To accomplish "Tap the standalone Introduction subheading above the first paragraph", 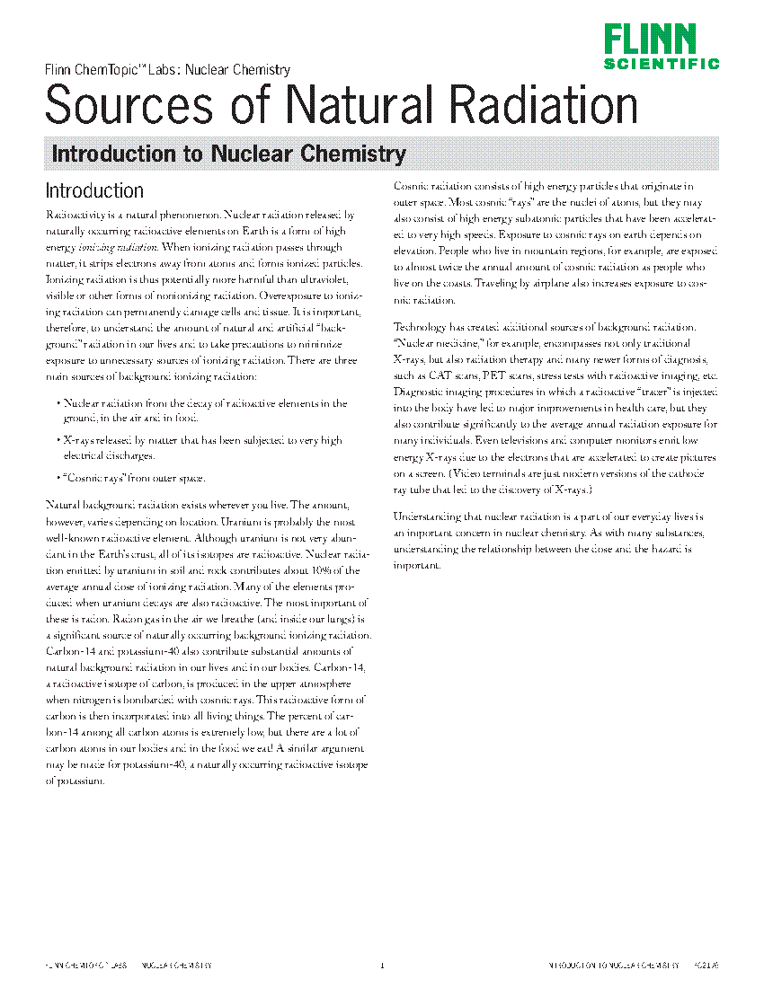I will tap(94, 190).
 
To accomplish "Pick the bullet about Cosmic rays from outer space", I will tap(134, 478).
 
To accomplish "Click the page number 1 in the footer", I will tap(382, 966).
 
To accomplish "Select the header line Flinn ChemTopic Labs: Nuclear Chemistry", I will tap(167, 69).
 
